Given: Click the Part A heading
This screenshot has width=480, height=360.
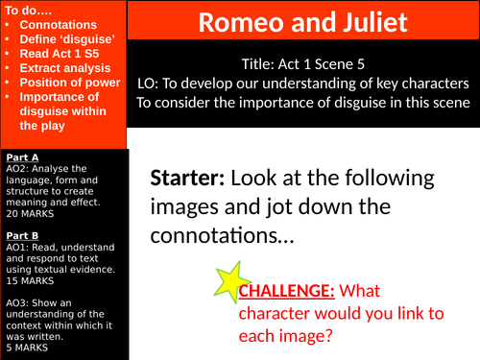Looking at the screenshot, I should (x=22, y=156).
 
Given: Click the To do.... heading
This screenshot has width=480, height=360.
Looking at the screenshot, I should (x=25, y=8).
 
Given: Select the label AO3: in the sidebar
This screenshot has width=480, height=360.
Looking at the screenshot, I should (x=16, y=301).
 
